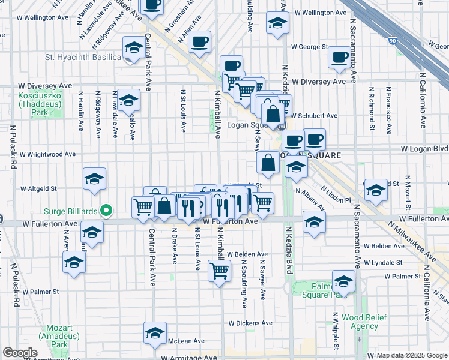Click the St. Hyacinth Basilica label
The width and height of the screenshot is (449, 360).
point(83,58)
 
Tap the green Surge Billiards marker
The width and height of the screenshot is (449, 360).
point(106,210)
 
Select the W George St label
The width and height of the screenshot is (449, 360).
point(309,46)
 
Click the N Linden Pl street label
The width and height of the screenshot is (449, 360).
point(336,194)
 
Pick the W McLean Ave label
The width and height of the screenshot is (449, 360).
point(186,341)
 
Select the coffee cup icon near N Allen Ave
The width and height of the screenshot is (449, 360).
point(200,42)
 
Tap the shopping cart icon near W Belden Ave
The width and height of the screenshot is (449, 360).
point(220,270)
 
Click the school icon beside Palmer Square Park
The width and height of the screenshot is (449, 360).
point(343,281)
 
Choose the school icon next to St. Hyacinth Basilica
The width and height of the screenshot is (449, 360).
point(133,47)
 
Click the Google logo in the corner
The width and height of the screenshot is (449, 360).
point(20,353)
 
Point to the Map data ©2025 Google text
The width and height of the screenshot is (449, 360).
point(411,355)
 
